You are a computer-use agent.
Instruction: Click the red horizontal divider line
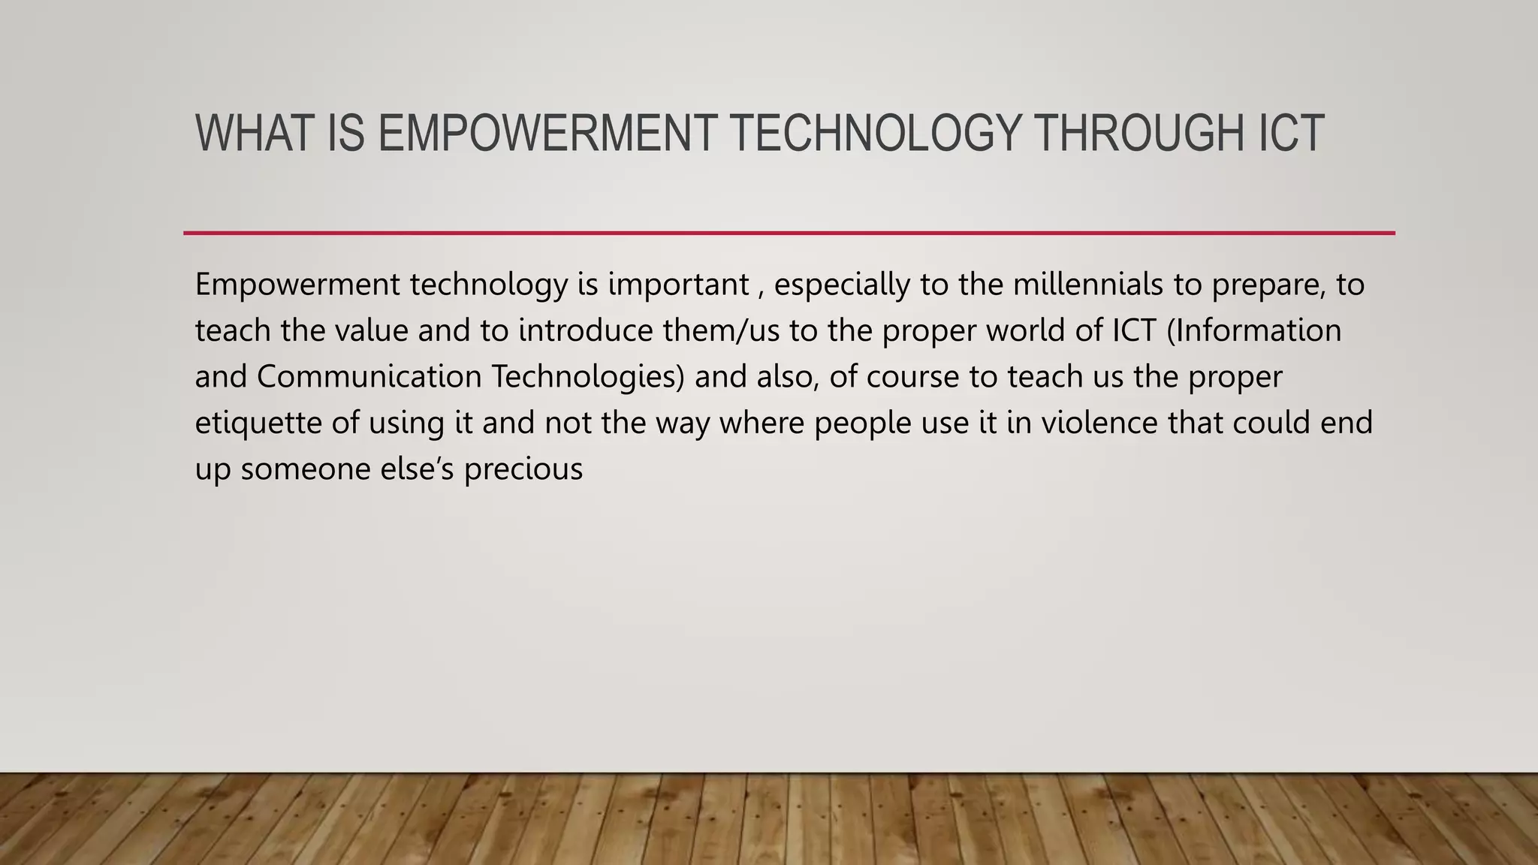pos(789,234)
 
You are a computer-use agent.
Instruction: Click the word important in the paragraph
pos(678,285)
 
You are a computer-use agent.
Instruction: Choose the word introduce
pos(586,331)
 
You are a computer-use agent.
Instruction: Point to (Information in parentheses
pos(1254,331)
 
